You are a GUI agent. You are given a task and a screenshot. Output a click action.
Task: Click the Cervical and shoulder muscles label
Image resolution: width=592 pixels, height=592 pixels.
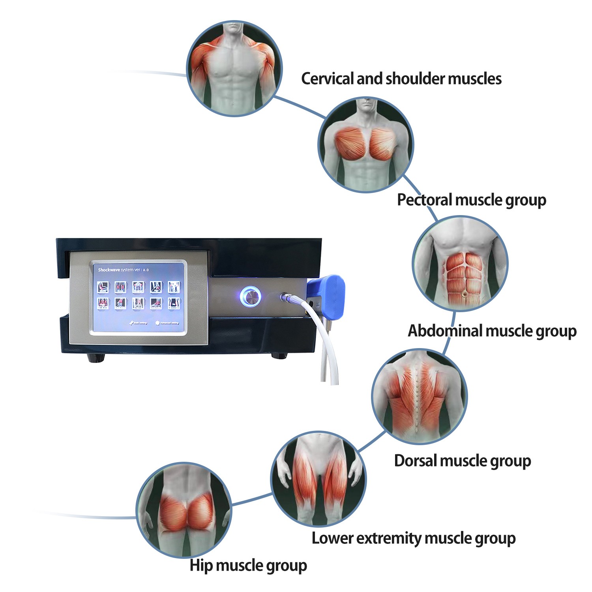(x=401, y=79)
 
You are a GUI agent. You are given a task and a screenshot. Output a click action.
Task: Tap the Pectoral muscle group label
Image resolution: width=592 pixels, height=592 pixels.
(x=471, y=200)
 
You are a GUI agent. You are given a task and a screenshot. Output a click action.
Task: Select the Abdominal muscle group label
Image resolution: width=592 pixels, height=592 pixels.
(x=492, y=331)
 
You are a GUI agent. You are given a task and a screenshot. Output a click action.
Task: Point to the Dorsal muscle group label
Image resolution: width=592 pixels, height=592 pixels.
(x=462, y=461)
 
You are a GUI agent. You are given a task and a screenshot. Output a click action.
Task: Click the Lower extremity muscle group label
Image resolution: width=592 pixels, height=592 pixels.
(x=413, y=538)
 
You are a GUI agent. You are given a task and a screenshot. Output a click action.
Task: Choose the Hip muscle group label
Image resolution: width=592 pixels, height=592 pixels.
(x=248, y=565)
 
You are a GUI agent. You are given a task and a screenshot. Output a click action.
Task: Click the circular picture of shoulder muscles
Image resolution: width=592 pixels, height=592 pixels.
(x=234, y=68)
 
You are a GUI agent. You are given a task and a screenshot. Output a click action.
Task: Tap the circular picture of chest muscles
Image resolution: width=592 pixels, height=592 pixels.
(x=366, y=145)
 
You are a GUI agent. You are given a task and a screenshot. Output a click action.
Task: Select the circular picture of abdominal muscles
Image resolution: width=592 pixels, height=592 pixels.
(x=460, y=263)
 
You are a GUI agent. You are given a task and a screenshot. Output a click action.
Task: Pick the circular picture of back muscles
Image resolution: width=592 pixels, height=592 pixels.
(x=419, y=396)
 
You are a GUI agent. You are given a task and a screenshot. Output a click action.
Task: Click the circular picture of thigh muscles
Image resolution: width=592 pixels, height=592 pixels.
(x=318, y=479)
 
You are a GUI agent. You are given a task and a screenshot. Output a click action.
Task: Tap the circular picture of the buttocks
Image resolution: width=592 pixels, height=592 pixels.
(x=184, y=510)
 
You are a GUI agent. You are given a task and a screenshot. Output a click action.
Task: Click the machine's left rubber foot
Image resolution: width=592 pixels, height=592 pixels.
(x=96, y=358)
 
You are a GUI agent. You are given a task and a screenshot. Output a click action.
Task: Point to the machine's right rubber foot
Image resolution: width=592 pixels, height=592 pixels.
(x=279, y=356)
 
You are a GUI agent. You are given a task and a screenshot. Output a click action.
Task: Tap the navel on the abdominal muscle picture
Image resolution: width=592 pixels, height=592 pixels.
(x=464, y=294)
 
